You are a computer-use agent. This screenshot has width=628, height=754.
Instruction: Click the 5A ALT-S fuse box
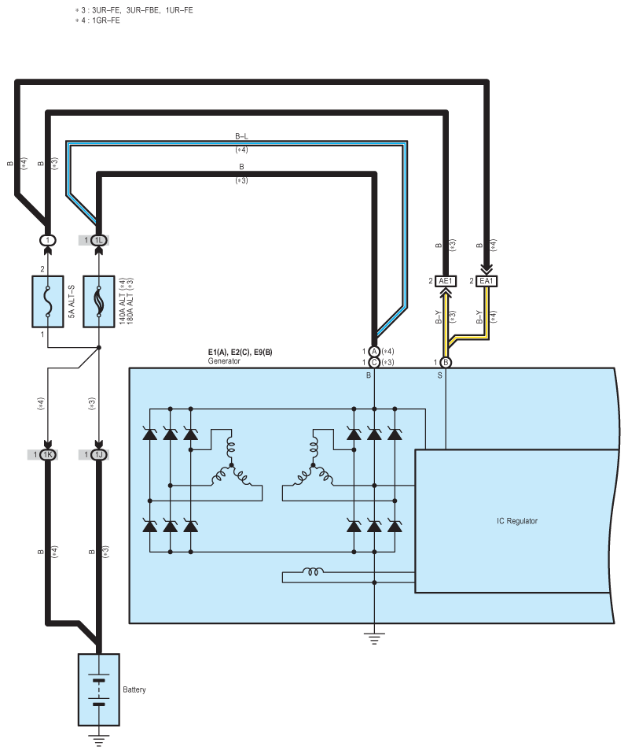point(47,301)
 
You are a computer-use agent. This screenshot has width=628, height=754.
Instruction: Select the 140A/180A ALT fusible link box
point(99,301)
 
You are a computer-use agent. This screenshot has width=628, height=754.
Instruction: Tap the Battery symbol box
point(99,689)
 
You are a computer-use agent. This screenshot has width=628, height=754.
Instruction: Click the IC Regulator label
point(517,521)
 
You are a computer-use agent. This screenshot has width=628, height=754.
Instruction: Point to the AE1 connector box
point(446,281)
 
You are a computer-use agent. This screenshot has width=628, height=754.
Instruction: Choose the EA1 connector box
point(487,281)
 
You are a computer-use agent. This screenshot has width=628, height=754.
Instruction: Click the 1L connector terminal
point(99,240)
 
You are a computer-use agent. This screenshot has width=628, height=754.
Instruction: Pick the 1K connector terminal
point(47,454)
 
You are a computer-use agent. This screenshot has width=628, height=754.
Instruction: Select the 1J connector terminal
point(99,454)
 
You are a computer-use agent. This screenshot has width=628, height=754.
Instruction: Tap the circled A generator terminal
point(374,352)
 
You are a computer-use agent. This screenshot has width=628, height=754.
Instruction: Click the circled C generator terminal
point(374,363)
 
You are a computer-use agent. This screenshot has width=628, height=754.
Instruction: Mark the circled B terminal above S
point(446,363)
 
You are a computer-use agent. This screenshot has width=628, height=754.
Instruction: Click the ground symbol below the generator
point(374,638)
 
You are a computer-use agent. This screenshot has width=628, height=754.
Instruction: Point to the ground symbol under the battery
point(99,741)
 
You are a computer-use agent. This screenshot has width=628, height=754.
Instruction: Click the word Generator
point(224,361)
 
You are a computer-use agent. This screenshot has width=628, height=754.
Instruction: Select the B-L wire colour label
point(241,137)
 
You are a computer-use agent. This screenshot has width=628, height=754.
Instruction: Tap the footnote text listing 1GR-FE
point(97,20)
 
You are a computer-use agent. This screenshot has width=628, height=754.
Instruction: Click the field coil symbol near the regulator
point(313,571)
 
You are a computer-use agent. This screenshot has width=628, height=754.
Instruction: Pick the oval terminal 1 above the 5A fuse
point(47,240)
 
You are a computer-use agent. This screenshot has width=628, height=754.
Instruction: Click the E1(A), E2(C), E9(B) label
point(240,352)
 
